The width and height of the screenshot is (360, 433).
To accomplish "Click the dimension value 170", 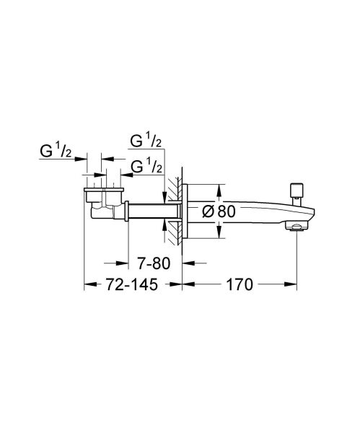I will [238, 285].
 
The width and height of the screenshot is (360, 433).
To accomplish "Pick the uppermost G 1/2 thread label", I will [146, 140].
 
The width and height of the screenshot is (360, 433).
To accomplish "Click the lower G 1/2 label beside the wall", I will [146, 167].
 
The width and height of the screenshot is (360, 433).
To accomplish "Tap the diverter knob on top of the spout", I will [294, 191].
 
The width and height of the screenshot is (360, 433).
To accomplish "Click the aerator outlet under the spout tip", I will [295, 229].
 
